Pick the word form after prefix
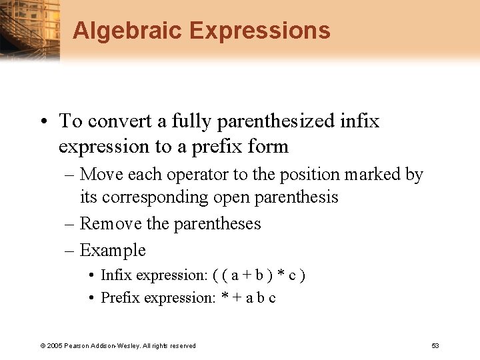point(269,146)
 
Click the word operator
point(199,175)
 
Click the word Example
point(113,250)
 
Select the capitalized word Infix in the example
point(114,275)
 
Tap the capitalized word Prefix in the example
point(118,297)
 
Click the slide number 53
point(435,345)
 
